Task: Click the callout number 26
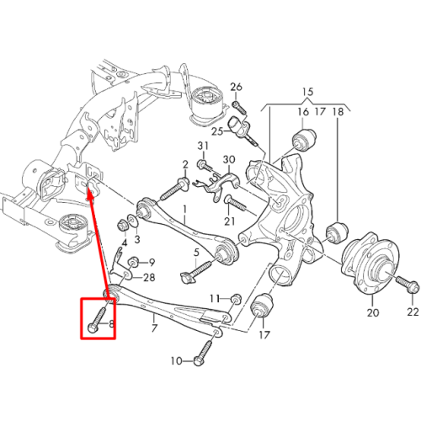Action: (236, 87)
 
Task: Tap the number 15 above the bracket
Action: (307, 92)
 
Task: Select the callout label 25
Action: (217, 131)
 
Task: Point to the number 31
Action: (203, 146)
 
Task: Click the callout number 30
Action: (229, 160)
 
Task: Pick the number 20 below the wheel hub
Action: (373, 312)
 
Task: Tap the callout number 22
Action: (413, 312)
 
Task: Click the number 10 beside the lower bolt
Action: (177, 361)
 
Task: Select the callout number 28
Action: (149, 278)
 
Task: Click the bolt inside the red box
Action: (98, 318)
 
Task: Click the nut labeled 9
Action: (132, 262)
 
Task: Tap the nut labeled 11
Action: (237, 299)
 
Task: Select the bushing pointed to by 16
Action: (304, 140)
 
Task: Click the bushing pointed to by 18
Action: (337, 232)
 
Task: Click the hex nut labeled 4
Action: (122, 225)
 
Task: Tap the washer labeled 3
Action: (132, 219)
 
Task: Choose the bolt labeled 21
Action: (235, 204)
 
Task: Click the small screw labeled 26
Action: (239, 108)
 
